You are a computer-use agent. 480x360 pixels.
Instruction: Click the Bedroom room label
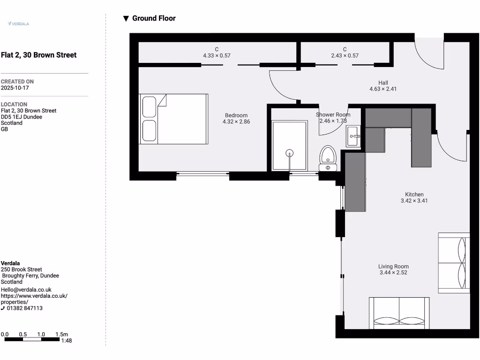pos(236,115)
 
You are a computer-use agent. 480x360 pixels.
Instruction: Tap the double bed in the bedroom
pos(173,119)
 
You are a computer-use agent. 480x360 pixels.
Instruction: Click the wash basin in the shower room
pos(353,136)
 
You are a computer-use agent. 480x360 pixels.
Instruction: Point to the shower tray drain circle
pos(290,153)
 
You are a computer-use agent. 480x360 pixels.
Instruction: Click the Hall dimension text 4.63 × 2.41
pos(383,89)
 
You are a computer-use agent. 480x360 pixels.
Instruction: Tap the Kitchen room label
pos(414,195)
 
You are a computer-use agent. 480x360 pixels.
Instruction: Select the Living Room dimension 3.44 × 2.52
pos(393,272)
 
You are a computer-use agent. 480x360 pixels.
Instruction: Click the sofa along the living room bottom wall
pos(399,313)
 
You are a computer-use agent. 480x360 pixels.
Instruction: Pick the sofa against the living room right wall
pos(454,262)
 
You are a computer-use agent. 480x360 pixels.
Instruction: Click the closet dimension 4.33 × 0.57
pos(217,56)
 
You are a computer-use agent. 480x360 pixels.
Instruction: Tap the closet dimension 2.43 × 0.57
pos(345,56)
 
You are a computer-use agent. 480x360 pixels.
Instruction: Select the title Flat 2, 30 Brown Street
pos(38,55)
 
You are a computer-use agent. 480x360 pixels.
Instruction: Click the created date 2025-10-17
pos(15,88)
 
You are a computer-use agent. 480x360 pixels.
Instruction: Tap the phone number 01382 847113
pos(24,308)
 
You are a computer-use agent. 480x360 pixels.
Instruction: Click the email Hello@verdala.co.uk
pos(26,290)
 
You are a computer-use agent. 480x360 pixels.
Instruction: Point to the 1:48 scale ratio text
pos(67,341)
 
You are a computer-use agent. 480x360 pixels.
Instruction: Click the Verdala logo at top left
pos(19,23)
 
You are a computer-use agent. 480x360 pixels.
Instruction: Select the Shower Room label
pos(333,115)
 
